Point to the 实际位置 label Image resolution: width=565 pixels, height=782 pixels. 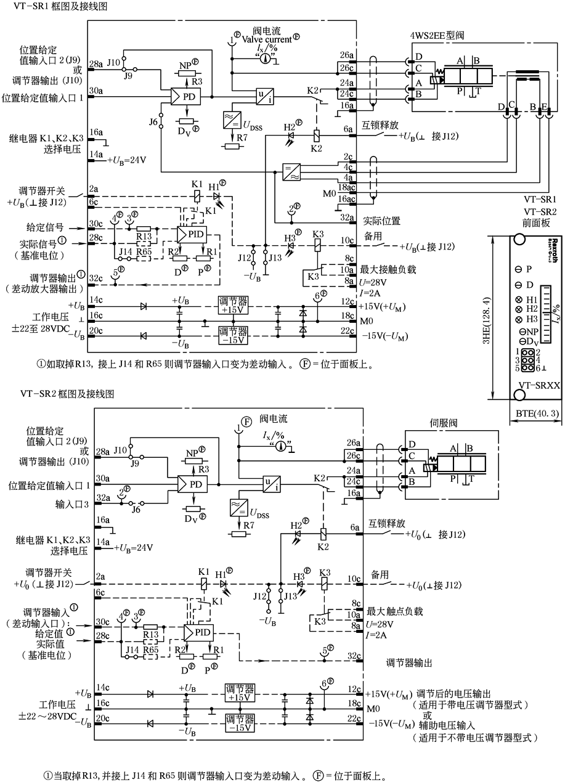(381, 219)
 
